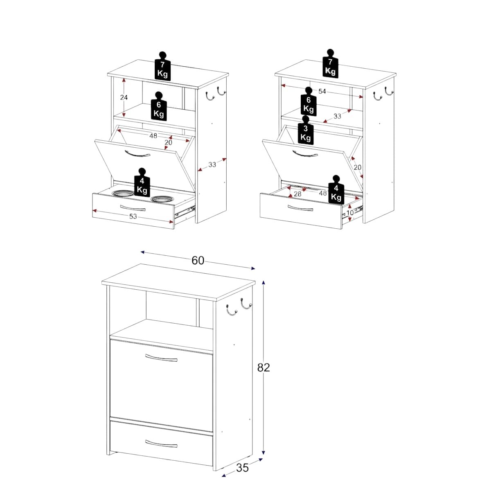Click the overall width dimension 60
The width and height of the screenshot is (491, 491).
[x=198, y=260]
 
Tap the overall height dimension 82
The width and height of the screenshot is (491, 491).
[x=264, y=367]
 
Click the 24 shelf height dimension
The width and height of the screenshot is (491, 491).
[x=124, y=97]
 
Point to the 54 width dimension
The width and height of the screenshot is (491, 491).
[x=322, y=91]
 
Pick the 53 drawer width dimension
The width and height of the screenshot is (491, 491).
[x=133, y=216]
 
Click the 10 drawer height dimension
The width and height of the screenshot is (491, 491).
[x=350, y=212]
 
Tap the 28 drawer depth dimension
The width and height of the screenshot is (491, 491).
[x=297, y=194]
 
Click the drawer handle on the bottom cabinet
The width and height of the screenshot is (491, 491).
[x=161, y=444]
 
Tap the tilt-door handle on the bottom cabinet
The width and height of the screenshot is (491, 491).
[x=161, y=358]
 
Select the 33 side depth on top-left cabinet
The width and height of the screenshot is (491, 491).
[x=212, y=164]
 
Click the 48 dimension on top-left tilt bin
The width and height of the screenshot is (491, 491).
[x=153, y=136]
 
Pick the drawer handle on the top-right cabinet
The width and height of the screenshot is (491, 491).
[x=300, y=208]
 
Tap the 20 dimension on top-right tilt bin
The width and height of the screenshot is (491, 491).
[x=358, y=167]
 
